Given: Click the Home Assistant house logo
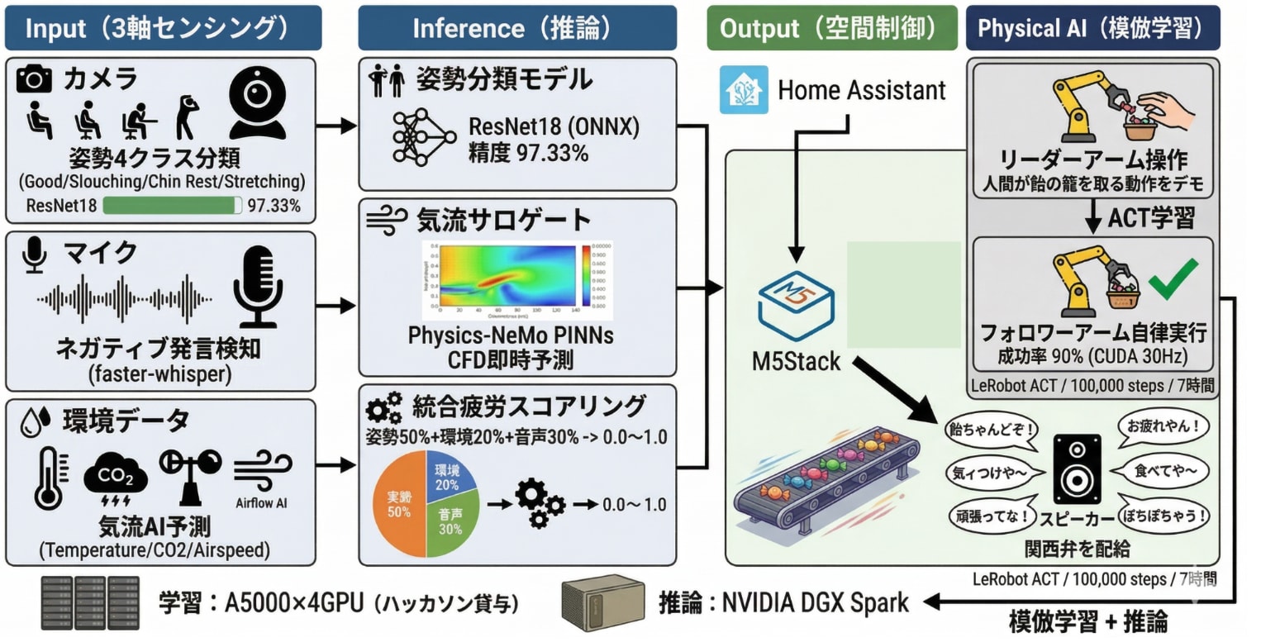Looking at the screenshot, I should pyautogui.click(x=744, y=89).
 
